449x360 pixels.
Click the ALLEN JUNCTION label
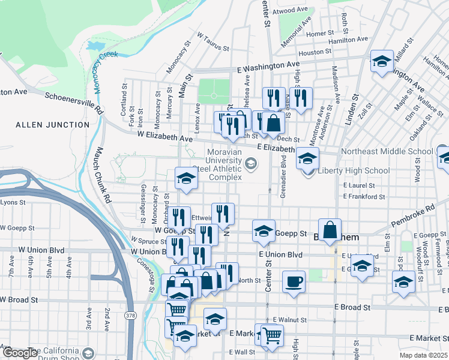pyautogui.click(x=52, y=125)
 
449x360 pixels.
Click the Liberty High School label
pyautogui.click(x=354, y=170)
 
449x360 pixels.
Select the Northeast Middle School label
pyautogui.click(x=387, y=152)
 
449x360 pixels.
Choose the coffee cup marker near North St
pyautogui.click(x=293, y=281)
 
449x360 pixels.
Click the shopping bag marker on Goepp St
pyautogui.click(x=330, y=230)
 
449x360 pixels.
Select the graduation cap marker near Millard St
pyautogui.click(x=382, y=61)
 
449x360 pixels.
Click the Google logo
pyautogui.click(x=19, y=353)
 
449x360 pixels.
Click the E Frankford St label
pyautogui.click(x=364, y=197)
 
